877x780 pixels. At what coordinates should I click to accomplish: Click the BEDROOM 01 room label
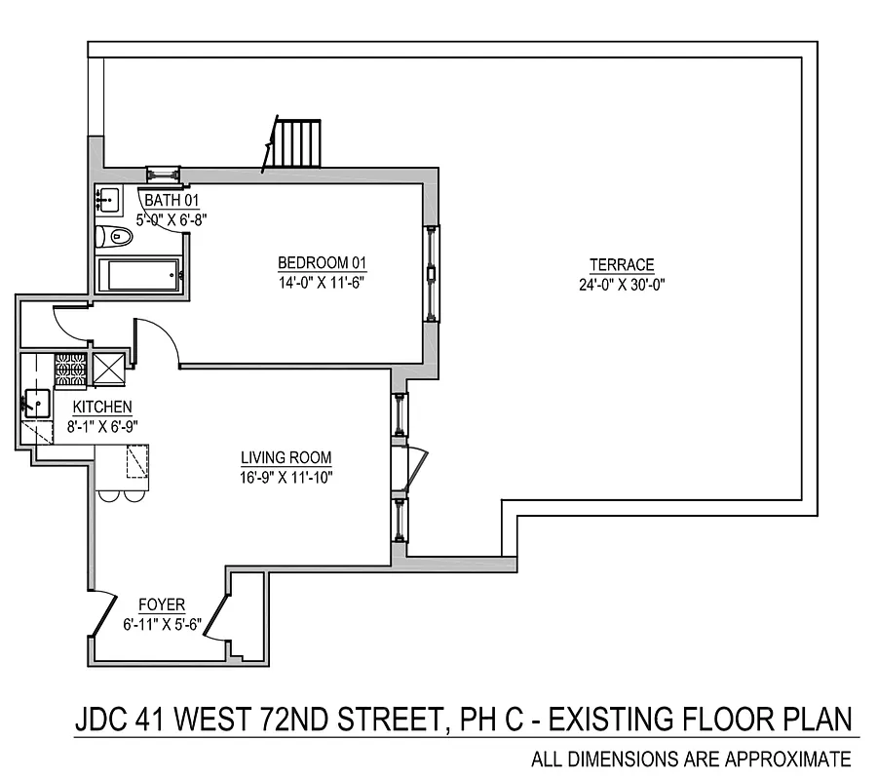click(321, 263)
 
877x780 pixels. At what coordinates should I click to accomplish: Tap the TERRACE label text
click(621, 265)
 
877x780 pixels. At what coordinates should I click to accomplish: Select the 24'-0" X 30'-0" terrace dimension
click(621, 285)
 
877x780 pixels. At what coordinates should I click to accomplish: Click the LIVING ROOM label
click(286, 457)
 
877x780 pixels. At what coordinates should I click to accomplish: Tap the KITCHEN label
click(102, 407)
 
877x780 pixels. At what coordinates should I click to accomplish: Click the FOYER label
click(162, 604)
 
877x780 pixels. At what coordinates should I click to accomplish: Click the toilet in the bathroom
click(116, 236)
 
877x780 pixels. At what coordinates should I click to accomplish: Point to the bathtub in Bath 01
click(140, 274)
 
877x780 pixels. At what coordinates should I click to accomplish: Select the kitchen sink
click(38, 402)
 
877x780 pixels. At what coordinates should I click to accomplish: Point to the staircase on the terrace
click(296, 143)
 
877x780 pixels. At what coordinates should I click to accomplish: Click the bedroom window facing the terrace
click(431, 274)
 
